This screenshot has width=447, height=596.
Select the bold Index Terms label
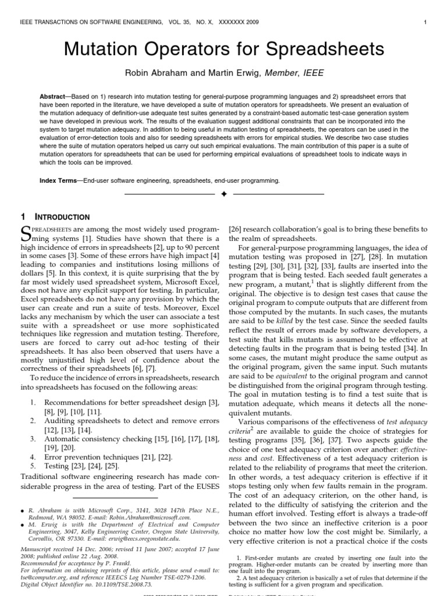tap(58, 181)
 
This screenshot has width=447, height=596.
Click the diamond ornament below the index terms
tap(223, 193)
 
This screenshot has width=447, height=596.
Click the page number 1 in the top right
tap(426, 22)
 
